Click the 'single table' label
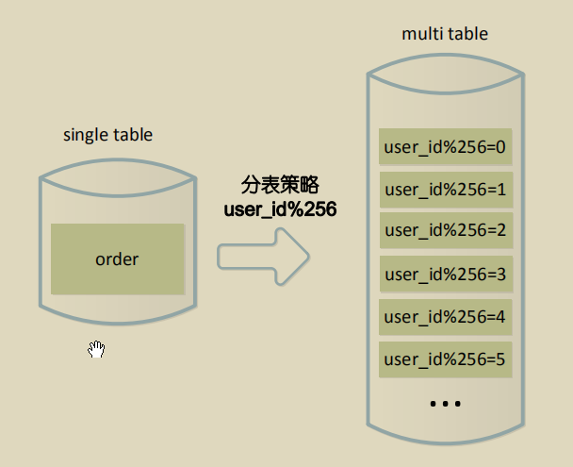pos(107,135)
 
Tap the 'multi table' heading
pos(445,34)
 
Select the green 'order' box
pos(117,259)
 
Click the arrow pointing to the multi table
pos(264,256)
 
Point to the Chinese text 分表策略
pos(280,186)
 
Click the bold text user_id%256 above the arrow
pos(280,208)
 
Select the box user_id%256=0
pos(445,147)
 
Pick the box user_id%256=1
pos(445,190)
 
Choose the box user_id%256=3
pos(445,275)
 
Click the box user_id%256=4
pos(445,316)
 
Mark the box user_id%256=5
pos(445,359)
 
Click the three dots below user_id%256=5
pos(445,404)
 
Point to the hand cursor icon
pos(96,350)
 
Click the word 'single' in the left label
pos(83,136)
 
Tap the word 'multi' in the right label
pos(422,34)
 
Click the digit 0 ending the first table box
pos(501,147)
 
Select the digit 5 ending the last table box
pos(501,359)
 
